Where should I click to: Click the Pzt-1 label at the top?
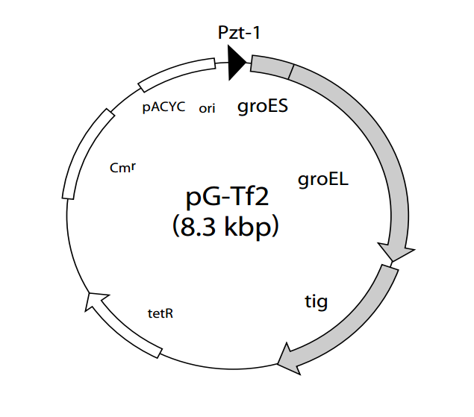[240, 32]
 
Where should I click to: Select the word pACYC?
[163, 107]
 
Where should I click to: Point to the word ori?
[207, 108]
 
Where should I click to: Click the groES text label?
[263, 107]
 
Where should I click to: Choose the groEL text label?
[323, 179]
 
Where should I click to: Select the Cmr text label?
[122, 167]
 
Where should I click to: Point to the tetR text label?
[160, 313]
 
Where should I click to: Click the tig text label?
[316, 302]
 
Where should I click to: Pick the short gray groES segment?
[270, 66]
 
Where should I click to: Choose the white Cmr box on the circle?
[84, 153]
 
